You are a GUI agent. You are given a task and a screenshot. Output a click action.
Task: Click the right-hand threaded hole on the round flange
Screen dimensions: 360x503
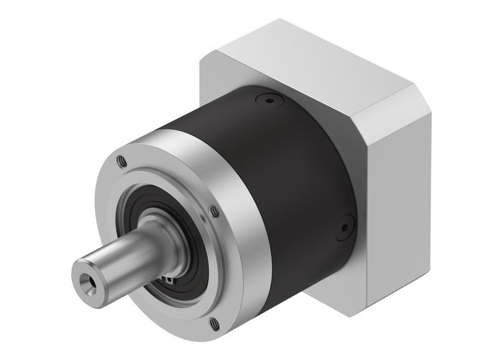click(213, 210)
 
